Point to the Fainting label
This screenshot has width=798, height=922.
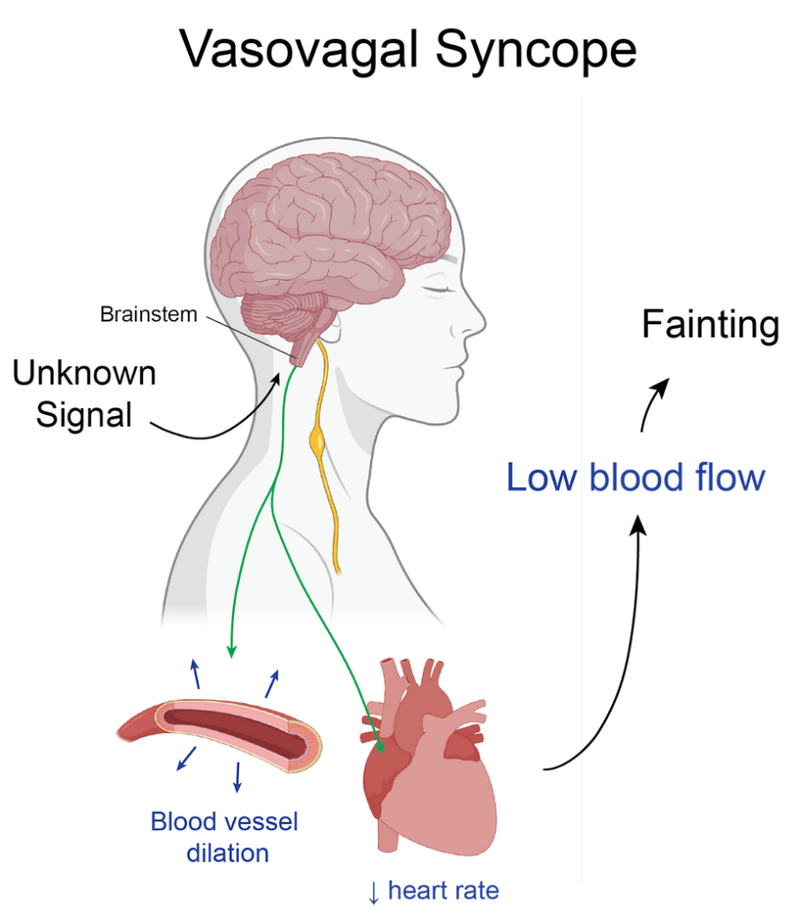point(710,325)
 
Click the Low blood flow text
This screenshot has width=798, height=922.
point(635,477)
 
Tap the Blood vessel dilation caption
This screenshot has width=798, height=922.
point(224,836)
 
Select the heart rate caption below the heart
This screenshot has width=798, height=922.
point(433,892)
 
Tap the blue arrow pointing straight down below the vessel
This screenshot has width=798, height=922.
point(238,776)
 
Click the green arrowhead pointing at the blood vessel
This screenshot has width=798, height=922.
point(232,650)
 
